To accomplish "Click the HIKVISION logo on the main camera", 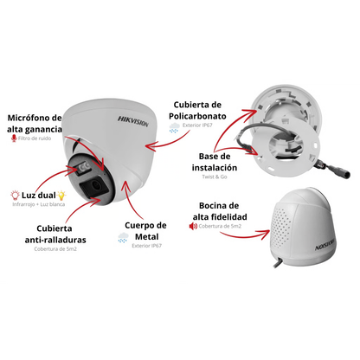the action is [x=133, y=121].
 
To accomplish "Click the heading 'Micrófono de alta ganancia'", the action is [x=35, y=124].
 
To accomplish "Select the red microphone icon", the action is [x=14, y=138].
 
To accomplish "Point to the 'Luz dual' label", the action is [x=39, y=196].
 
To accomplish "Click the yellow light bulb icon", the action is [x=61, y=196].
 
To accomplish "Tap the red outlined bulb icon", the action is [x=15, y=196].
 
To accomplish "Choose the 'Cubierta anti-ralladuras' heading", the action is [x=55, y=234].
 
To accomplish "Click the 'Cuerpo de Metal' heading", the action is [x=146, y=231].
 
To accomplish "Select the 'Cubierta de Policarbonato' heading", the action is [x=197, y=110].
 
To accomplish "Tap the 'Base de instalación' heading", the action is [x=215, y=162].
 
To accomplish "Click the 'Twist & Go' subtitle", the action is [x=215, y=177].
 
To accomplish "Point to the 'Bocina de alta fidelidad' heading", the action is [x=220, y=211].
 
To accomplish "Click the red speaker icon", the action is [x=193, y=226].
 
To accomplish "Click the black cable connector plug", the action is [x=340, y=171].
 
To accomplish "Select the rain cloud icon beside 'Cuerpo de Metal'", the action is [x=123, y=237].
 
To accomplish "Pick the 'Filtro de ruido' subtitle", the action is [x=35, y=138].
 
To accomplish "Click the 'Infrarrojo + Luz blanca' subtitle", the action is [x=39, y=204].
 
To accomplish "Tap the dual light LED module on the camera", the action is [x=82, y=168].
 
